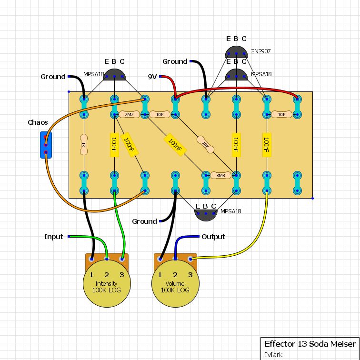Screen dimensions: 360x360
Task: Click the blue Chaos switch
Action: [x=45, y=145]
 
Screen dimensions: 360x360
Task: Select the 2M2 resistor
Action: [x=129, y=115]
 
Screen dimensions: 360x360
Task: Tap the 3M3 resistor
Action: [x=220, y=176]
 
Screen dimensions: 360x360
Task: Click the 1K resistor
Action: [x=84, y=145]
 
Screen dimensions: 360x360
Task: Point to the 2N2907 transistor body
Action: [x=236, y=52]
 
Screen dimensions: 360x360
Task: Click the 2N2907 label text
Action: [x=261, y=51]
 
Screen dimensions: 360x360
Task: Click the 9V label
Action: [x=152, y=76]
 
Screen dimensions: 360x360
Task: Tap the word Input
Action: [x=53, y=237]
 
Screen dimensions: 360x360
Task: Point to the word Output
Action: [x=213, y=237]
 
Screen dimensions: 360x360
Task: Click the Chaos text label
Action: [x=38, y=122]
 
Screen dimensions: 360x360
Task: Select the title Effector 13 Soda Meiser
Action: [x=310, y=344]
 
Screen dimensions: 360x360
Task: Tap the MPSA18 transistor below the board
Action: [x=205, y=213]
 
